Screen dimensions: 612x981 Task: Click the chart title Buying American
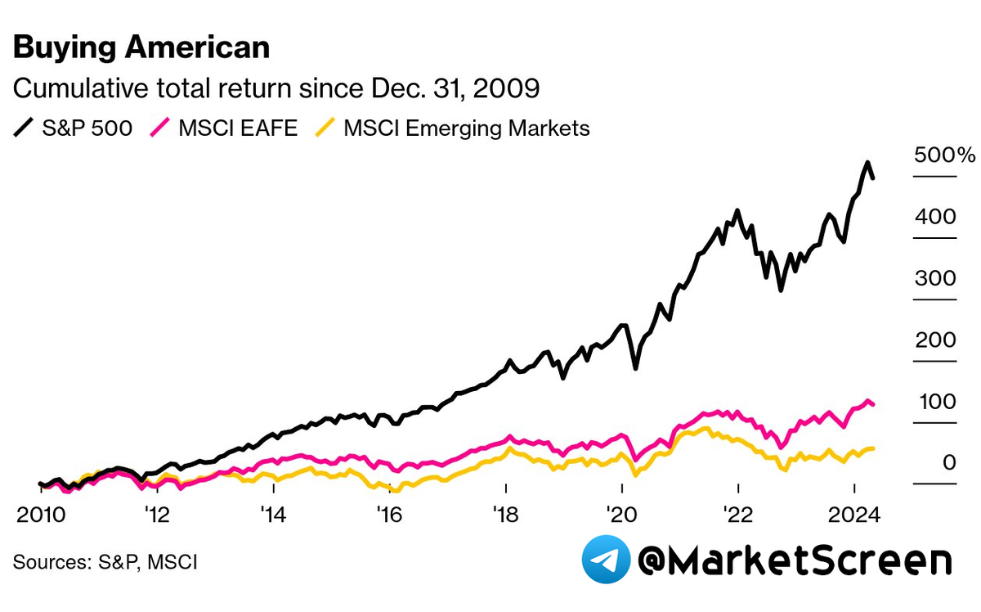tap(141, 48)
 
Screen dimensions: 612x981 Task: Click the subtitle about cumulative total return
tap(275, 88)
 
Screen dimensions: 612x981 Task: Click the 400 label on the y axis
tap(936, 217)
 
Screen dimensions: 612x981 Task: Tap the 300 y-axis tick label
tap(936, 278)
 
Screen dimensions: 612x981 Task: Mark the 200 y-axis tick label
tap(936, 340)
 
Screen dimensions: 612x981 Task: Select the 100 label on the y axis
tap(936, 402)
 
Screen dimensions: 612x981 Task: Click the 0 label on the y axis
tap(948, 463)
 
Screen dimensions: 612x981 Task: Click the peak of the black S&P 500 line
tap(867, 163)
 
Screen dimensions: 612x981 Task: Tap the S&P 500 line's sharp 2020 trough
tap(635, 369)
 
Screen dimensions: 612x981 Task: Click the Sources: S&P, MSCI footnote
tap(105, 562)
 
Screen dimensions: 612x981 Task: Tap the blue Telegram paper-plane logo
tap(606, 560)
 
